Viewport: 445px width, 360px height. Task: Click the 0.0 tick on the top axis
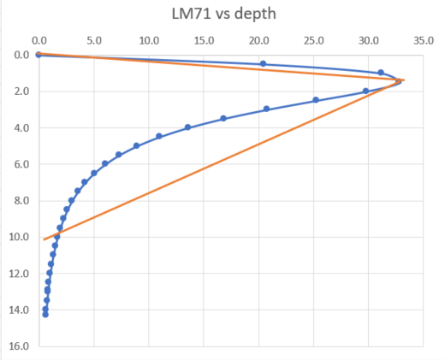click(39, 40)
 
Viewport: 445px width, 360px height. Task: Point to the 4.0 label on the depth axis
click(21, 128)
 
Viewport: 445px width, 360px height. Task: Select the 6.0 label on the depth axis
click(21, 164)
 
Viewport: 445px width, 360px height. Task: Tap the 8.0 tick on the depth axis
click(21, 201)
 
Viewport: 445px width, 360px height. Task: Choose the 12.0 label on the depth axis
click(19, 274)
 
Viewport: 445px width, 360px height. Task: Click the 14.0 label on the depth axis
click(19, 310)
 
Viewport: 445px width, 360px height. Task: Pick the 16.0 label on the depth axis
click(19, 346)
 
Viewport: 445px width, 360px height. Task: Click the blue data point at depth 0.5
click(263, 64)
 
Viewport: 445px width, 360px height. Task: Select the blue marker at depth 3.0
click(266, 109)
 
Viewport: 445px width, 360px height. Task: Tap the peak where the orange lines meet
click(402, 80)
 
